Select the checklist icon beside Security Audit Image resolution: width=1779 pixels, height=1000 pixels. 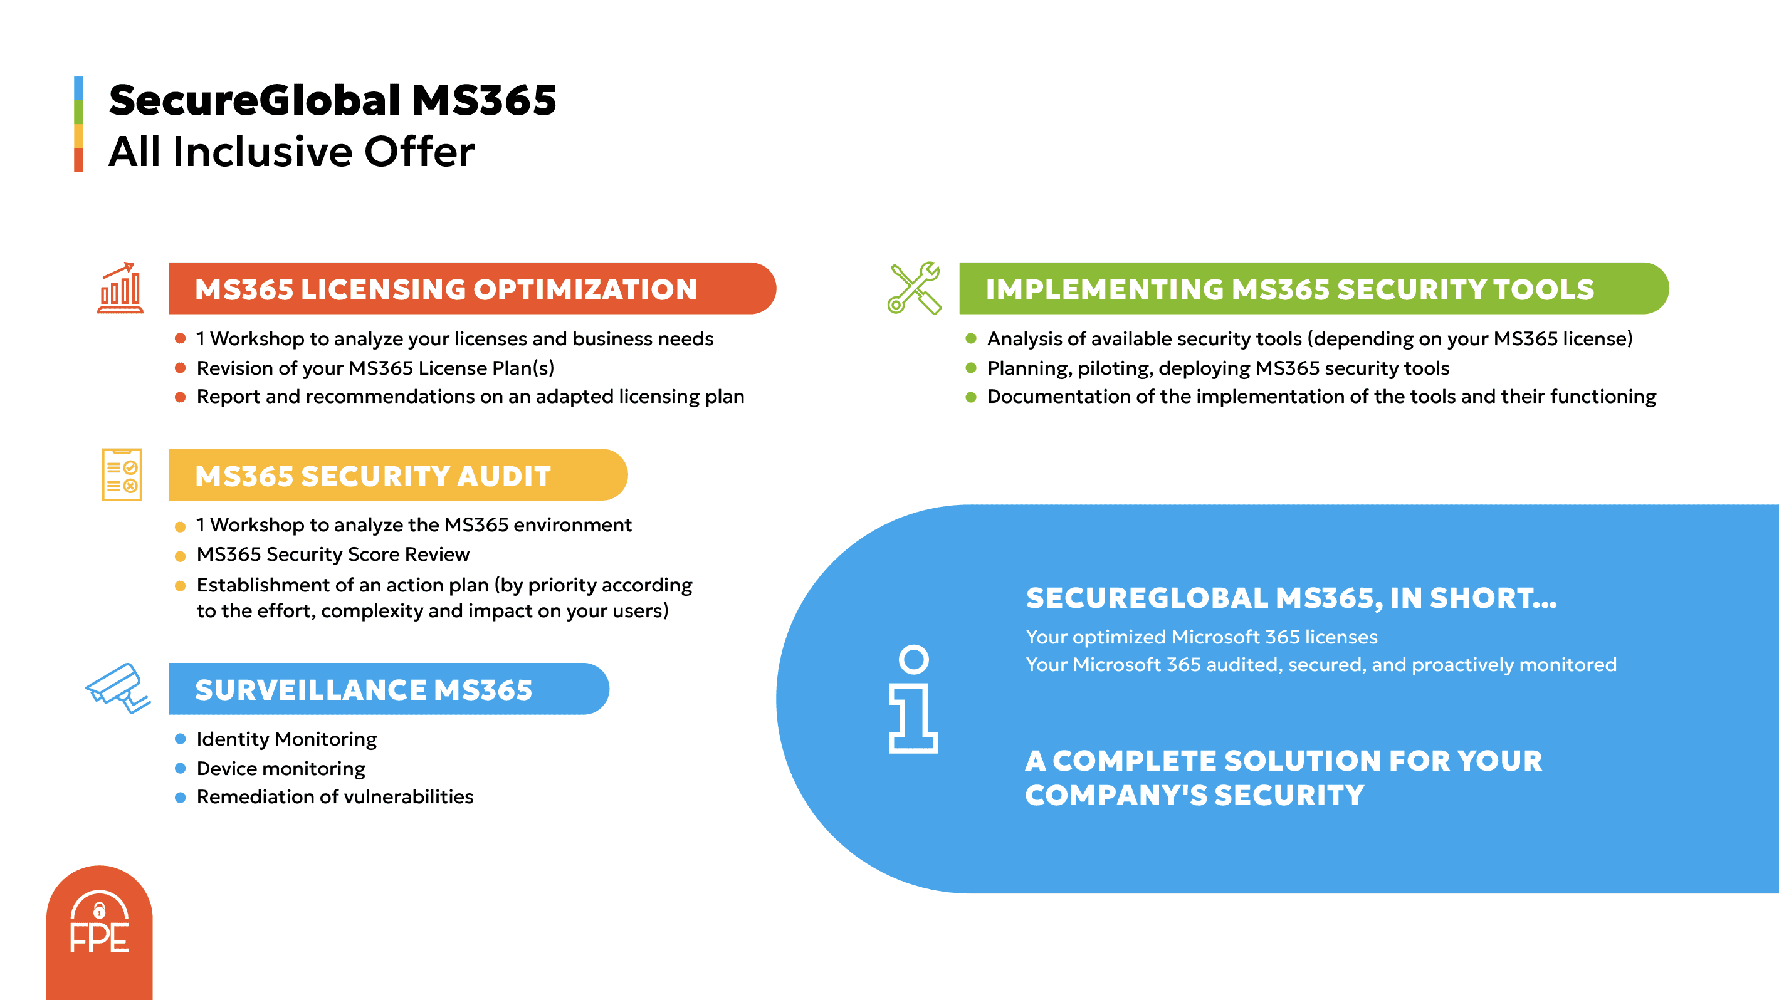[122, 475]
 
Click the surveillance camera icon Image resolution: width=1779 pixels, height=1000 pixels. [117, 688]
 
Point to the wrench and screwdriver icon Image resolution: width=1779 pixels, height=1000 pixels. [915, 288]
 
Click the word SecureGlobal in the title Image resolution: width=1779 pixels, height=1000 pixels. [254, 100]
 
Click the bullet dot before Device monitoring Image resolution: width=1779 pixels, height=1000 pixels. [181, 768]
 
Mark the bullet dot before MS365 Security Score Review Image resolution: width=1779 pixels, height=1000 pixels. [181, 556]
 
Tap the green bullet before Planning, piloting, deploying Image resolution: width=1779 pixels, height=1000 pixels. [971, 368]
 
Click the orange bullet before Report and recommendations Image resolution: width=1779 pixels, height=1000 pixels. [181, 397]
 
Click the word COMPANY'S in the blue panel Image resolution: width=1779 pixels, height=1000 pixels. [1115, 796]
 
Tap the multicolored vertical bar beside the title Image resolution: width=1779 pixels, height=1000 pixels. [79, 124]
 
